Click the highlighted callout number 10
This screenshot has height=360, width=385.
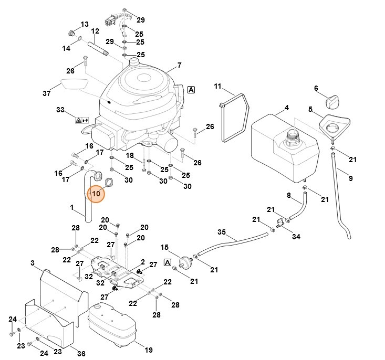point(96,194)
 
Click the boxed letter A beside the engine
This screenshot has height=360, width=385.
point(191,90)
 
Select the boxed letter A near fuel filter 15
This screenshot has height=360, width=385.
point(168,262)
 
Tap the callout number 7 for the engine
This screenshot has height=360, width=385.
point(179,65)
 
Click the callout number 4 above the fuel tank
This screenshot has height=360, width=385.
point(286,108)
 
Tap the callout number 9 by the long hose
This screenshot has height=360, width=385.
point(350,178)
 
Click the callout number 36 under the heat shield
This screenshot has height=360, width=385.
point(81,353)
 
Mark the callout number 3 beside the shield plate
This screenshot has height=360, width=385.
point(32,262)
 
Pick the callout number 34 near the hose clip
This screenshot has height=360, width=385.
point(296,237)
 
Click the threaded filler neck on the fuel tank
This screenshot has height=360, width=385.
point(292,139)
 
